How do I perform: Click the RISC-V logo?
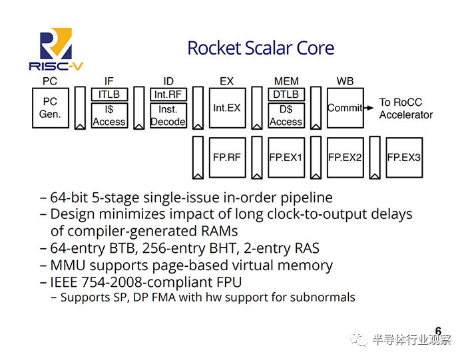[56, 49]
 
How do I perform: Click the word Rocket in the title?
[214, 48]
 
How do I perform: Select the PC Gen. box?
[51, 108]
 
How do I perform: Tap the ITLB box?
[109, 94]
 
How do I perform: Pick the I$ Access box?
[109, 116]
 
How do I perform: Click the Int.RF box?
[168, 94]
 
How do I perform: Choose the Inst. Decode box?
[168, 116]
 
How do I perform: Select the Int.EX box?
[228, 108]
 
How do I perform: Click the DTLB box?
[286, 94]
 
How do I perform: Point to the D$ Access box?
[286, 116]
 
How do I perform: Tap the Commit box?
[346, 108]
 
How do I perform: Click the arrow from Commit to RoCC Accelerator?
[369, 108]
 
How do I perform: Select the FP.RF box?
[228, 158]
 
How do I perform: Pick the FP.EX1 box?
[286, 158]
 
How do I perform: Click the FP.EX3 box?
[404, 158]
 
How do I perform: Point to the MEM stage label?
[286, 81]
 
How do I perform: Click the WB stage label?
[345, 81]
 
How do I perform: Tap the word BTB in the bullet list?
[122, 248]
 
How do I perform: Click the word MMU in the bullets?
[68, 266]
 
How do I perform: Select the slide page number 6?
[438, 331]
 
